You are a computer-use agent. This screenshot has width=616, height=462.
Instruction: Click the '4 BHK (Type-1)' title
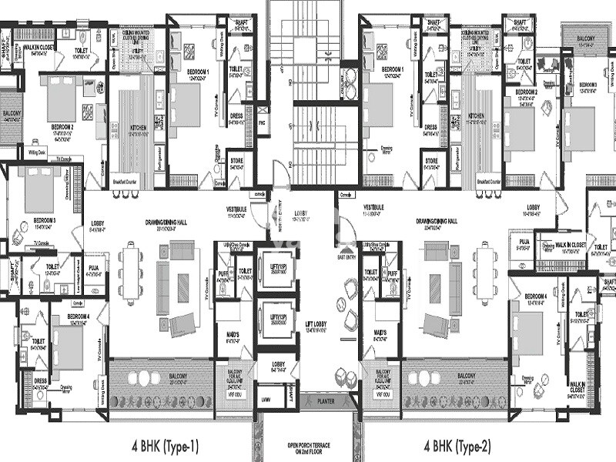point(166,444)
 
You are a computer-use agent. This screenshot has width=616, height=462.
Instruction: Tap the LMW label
point(266,399)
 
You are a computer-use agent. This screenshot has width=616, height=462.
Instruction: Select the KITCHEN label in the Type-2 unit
point(475,116)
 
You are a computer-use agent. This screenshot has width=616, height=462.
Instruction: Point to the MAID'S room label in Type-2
point(379,333)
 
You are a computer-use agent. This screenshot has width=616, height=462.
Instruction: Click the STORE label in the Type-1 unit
point(236,160)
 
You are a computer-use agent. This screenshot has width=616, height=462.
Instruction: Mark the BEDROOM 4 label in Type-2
point(536,297)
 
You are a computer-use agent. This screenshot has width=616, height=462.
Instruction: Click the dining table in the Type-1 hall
point(132,273)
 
